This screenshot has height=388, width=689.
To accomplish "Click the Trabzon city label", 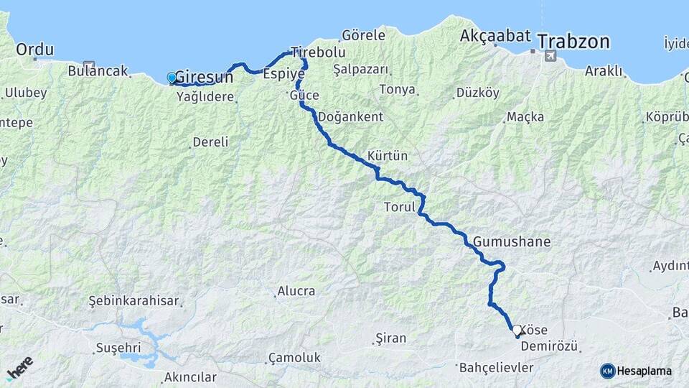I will point(573,41).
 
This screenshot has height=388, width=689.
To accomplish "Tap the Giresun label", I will point(204,77).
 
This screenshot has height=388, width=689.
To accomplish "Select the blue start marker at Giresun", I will point(172,78).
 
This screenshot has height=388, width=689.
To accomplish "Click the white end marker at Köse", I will point(517,331).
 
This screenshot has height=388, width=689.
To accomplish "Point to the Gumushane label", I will point(511,241).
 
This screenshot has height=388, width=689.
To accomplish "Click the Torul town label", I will point(400,208).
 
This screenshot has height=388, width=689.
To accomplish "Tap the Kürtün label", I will point(387,156).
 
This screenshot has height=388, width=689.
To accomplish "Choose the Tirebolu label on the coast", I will point(318,52).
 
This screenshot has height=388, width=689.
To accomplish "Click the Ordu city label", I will point(34,50).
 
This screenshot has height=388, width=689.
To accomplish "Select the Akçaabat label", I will point(495,35).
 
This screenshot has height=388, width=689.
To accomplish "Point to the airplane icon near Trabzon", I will point(550,56).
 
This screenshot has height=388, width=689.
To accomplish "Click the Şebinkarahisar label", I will point(133,301).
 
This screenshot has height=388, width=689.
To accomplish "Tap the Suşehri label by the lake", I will point(119,348).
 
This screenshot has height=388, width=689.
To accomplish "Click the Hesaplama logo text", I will point(644,371).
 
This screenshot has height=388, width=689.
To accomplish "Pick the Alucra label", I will point(295,291).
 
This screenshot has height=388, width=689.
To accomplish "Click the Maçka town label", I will point(525,116).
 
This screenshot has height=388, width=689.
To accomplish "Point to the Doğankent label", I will point(350,116).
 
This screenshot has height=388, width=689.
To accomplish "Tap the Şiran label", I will point(390,338).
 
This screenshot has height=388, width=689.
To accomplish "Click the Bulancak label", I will point(98,71).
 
